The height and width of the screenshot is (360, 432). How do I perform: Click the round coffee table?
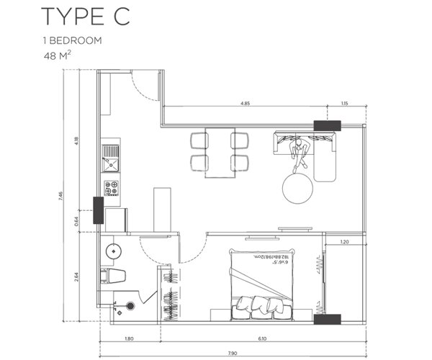click(x=297, y=189)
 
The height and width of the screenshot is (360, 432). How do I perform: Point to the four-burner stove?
click(x=112, y=189)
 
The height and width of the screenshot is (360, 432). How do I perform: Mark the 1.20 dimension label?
click(x=343, y=243)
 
